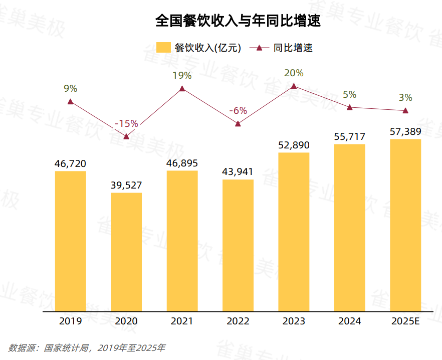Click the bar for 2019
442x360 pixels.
(71, 241)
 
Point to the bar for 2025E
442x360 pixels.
(405, 225)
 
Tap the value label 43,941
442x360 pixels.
(238, 171)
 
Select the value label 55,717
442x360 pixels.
(349, 136)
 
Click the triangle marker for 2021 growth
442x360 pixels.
(182, 89)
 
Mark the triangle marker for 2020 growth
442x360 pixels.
(126, 136)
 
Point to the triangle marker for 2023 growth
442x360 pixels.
(294, 86)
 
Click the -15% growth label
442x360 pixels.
(126, 123)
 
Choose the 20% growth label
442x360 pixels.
(294, 73)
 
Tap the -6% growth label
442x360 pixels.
(238, 110)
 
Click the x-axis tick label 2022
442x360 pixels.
(238, 321)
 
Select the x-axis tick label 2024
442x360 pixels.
(349, 321)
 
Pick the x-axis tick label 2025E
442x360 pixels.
(405, 321)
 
